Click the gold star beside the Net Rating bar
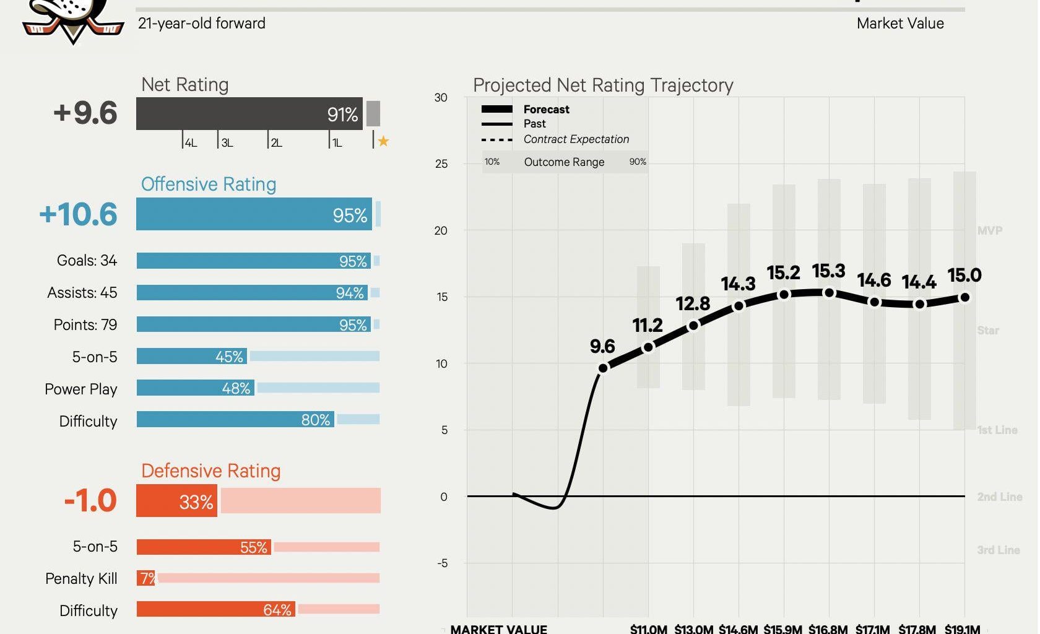383,141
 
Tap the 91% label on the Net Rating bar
342,115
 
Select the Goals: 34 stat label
87,261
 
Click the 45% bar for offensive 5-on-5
192,357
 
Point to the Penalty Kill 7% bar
146,578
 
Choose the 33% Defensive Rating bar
177,501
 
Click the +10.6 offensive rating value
78,214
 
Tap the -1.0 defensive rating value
90,501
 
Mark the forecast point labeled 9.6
603,368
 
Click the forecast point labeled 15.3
829,293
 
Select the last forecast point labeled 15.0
964,298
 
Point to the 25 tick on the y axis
441,164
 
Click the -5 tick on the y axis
442,563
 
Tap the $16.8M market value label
828,629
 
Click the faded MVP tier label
989,230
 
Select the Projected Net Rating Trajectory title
603,85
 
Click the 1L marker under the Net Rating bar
337,143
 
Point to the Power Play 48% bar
196,388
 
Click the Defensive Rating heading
210,471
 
